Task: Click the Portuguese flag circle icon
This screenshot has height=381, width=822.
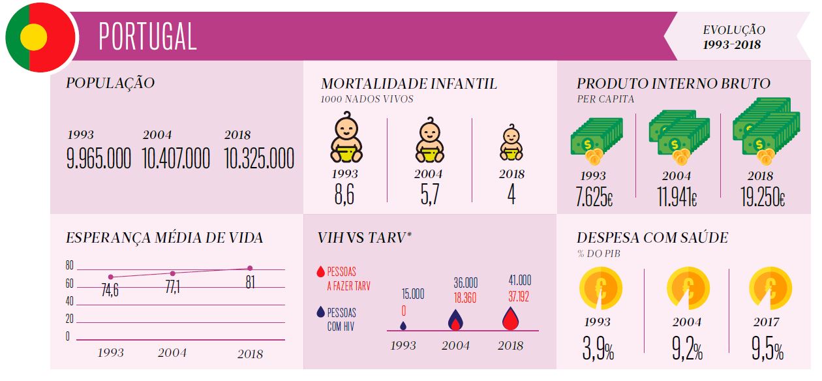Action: (38, 37)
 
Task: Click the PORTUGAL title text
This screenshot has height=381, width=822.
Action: (147, 37)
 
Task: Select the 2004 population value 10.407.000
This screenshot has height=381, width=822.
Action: (176, 159)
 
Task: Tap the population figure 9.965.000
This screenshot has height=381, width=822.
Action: (99, 159)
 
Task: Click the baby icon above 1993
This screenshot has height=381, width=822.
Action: (345, 139)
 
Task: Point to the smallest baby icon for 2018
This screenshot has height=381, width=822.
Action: (511, 143)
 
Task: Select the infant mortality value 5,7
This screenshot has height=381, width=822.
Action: (429, 194)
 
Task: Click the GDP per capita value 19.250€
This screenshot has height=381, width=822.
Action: (762, 196)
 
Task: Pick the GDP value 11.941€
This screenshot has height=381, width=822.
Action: (676, 196)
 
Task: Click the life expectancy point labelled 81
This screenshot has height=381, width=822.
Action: (250, 268)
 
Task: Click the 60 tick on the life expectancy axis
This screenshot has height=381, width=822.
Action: (70, 284)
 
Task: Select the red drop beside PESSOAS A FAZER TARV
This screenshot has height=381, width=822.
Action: (320, 271)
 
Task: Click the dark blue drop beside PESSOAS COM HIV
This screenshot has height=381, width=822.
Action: (320, 312)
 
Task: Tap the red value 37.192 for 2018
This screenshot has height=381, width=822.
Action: (520, 296)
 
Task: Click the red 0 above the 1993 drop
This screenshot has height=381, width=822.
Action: (403, 311)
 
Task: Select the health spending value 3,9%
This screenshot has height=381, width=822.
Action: (598, 351)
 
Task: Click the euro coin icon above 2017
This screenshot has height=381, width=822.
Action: (770, 288)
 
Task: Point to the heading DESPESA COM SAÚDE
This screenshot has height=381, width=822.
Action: (652, 238)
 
